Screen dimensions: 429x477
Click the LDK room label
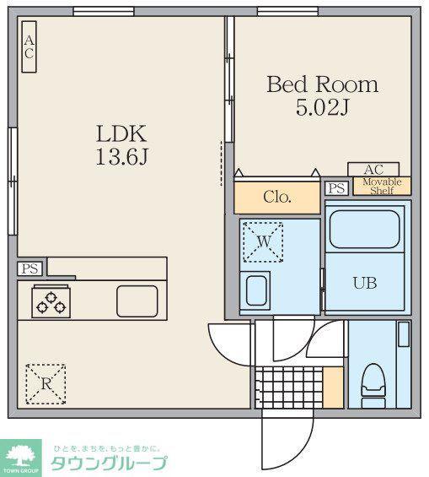point(121,133)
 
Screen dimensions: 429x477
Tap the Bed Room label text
point(323,84)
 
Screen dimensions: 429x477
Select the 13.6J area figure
point(121,156)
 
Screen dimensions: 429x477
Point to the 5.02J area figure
point(322,107)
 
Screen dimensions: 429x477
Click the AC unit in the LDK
point(29,46)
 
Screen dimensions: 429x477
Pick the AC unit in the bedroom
point(373,170)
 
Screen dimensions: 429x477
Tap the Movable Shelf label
point(382,187)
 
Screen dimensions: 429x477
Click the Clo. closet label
point(277,197)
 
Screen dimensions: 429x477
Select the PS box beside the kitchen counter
point(29,269)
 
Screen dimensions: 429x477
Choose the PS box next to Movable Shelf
point(336,188)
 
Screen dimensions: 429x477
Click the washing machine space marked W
point(263,241)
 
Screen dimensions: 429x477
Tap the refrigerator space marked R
point(46,384)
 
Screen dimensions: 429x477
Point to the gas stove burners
point(51,302)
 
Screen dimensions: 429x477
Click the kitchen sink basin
point(137,301)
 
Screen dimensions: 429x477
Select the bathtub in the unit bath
point(364,229)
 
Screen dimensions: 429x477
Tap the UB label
point(365,283)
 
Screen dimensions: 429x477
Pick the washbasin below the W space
point(256,290)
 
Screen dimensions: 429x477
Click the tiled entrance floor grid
point(289,388)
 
